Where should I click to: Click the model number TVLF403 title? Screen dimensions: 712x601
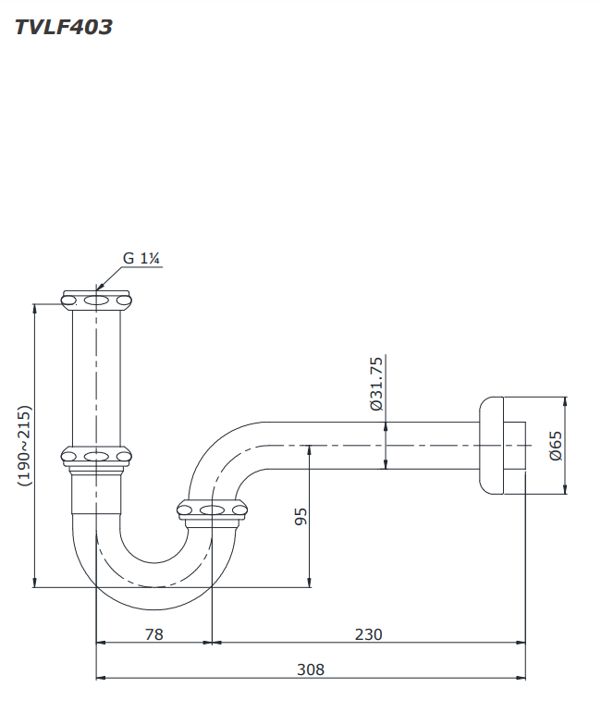(64, 27)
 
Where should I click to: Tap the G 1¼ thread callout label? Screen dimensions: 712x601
(142, 259)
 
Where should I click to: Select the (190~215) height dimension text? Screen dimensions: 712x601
(24, 446)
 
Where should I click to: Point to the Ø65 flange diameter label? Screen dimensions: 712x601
(555, 446)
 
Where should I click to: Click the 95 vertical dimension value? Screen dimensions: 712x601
(300, 516)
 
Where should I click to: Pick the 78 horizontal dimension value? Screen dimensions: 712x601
(154, 634)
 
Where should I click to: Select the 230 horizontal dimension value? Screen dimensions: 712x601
(368, 634)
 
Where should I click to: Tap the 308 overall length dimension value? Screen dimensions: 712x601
(312, 670)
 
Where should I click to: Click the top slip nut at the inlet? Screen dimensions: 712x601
(97, 300)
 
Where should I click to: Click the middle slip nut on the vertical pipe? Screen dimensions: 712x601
(97, 456)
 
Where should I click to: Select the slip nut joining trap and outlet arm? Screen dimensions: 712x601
(213, 509)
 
